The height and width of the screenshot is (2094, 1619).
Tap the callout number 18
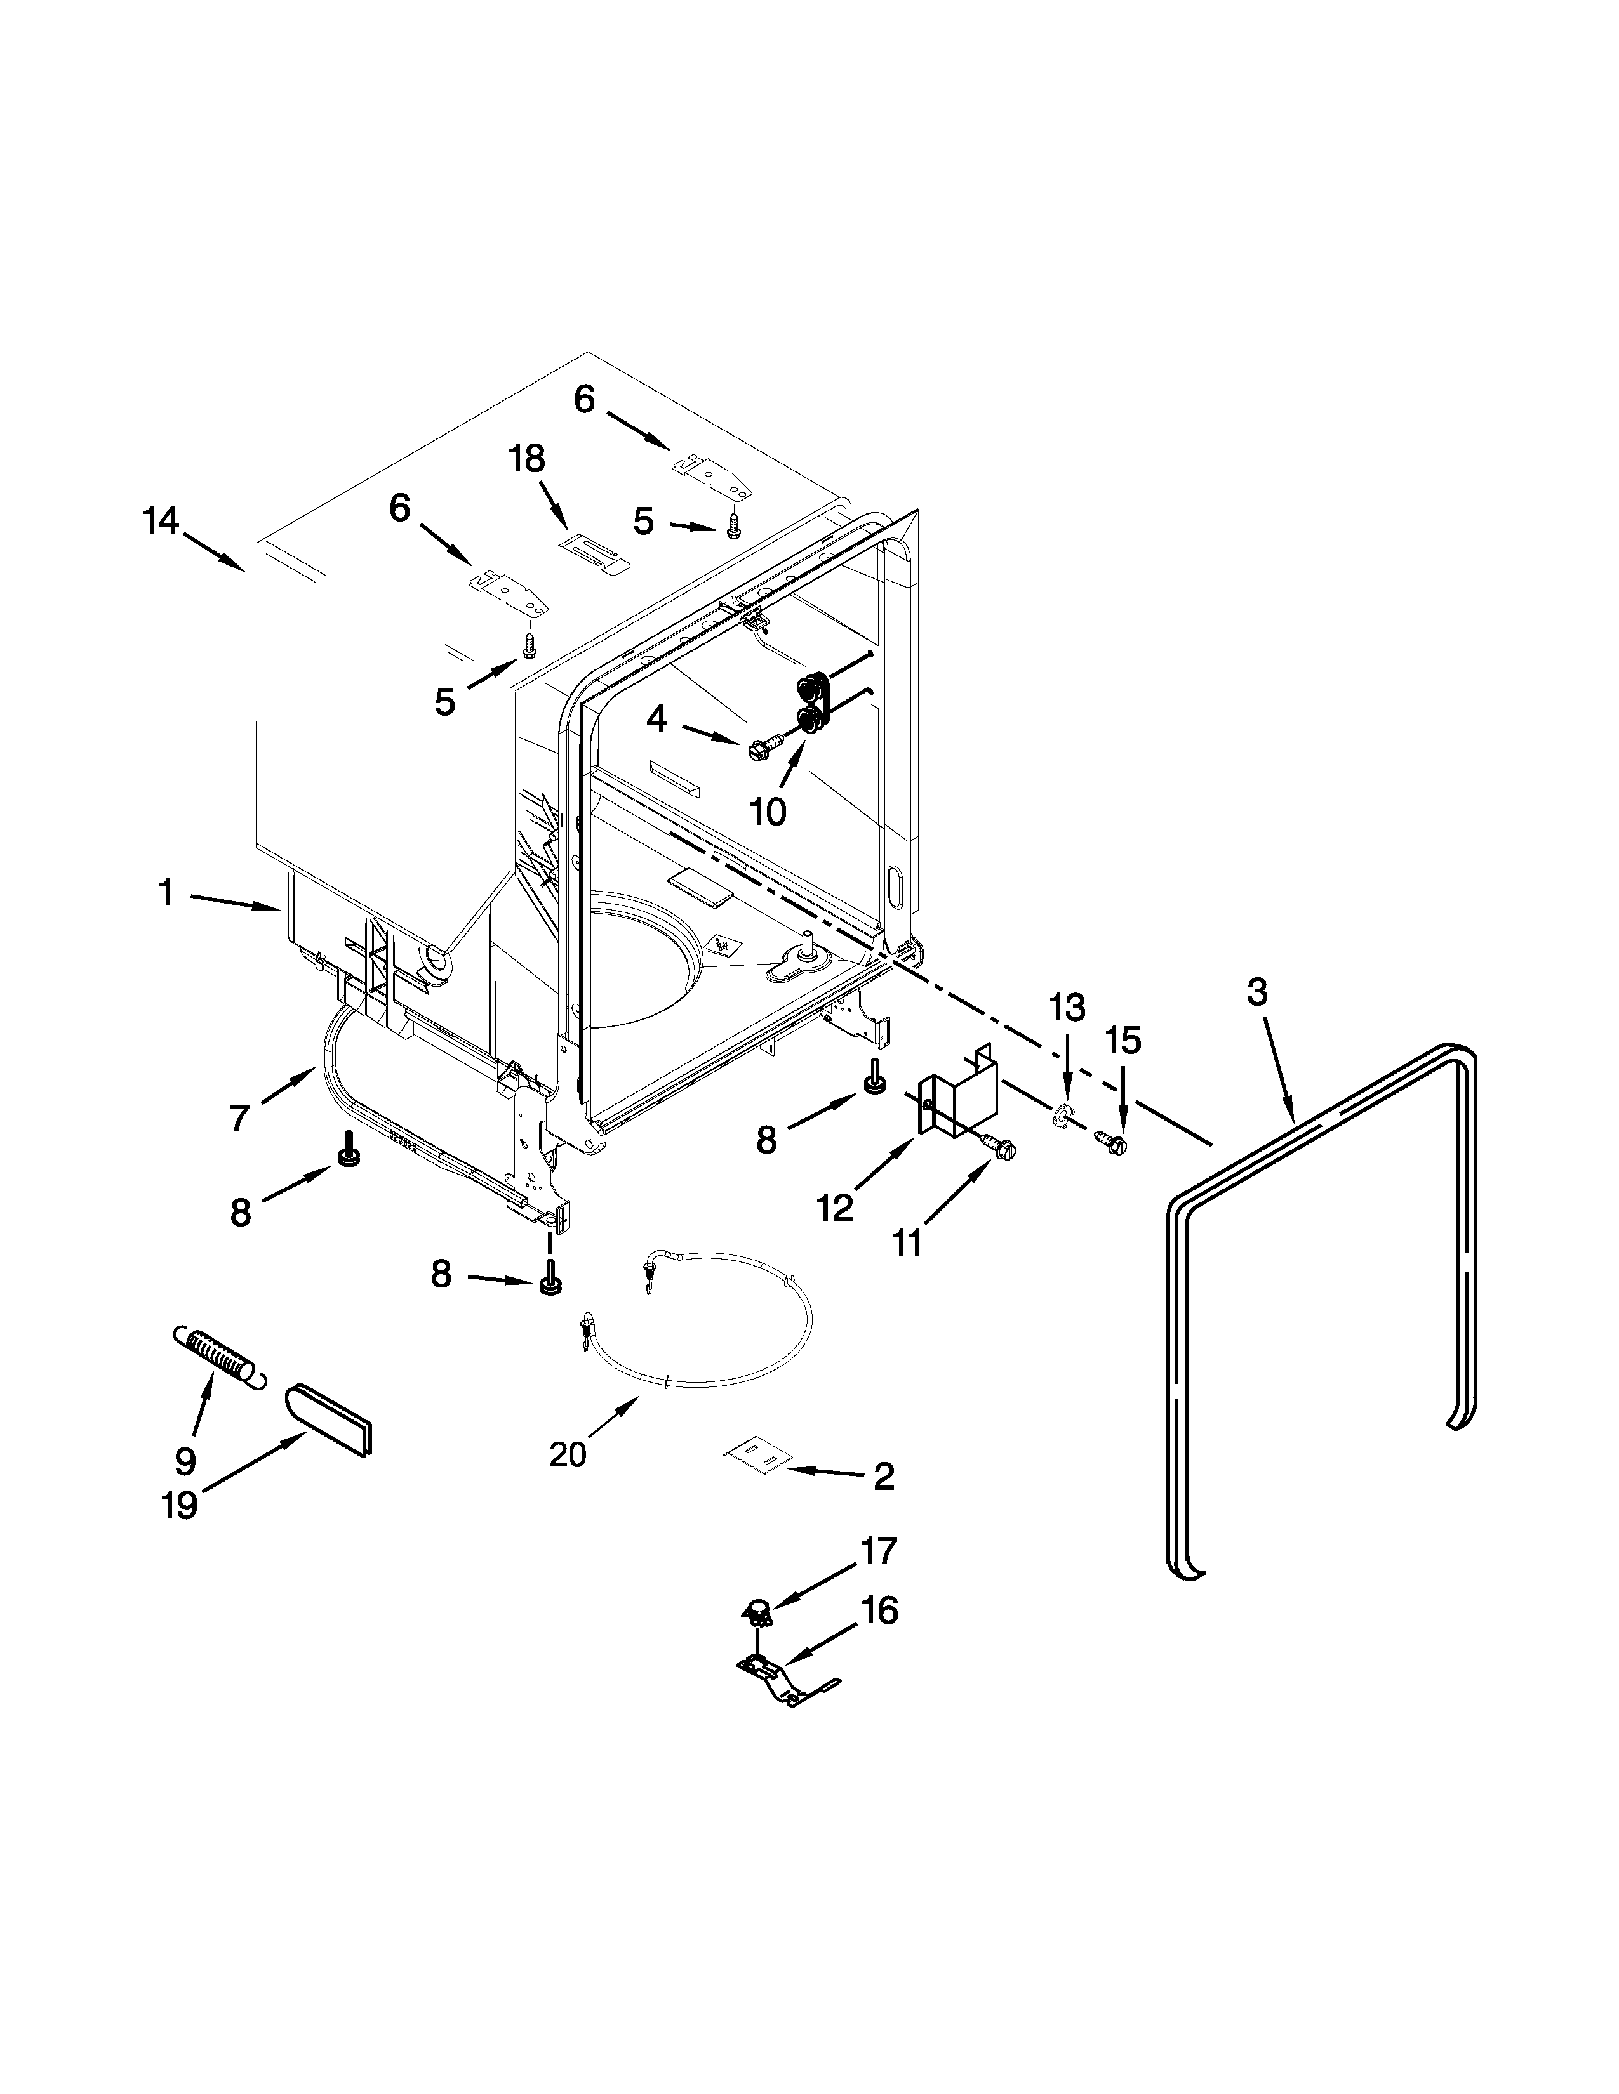tap(526, 459)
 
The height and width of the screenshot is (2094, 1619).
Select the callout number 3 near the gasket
tap(1256, 992)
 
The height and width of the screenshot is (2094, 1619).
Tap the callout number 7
tap(240, 1117)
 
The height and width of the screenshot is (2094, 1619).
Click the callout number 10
tap(768, 811)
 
